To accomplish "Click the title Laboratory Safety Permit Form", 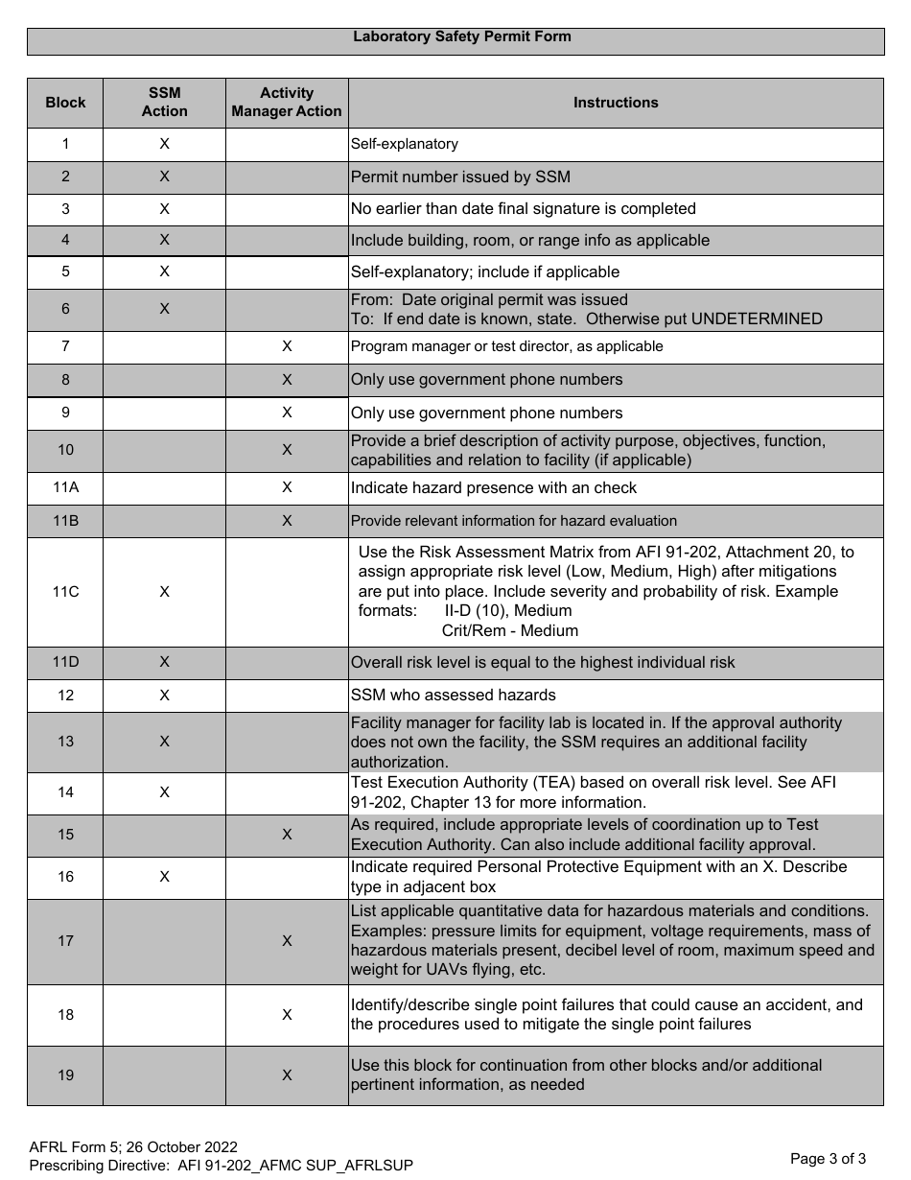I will (x=461, y=36).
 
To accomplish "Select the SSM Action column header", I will (x=164, y=103).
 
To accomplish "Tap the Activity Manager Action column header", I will (x=287, y=103).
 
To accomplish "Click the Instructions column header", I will (x=616, y=103).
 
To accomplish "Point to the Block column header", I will (x=65, y=103).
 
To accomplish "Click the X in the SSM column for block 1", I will (x=164, y=144).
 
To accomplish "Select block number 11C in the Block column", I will (x=65, y=592).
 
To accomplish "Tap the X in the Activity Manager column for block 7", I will (x=287, y=346).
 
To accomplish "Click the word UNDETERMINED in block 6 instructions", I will (x=757, y=319).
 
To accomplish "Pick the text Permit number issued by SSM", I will (x=461, y=177).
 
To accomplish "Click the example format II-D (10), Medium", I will (x=507, y=611).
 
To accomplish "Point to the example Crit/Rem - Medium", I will (x=509, y=631).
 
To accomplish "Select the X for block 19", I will (x=287, y=1075).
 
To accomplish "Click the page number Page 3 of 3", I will (x=828, y=1159).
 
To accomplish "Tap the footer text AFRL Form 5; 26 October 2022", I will (x=133, y=1147).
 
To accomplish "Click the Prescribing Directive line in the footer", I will (x=221, y=1166).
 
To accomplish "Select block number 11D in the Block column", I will (x=65, y=662).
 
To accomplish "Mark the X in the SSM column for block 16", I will (x=164, y=877).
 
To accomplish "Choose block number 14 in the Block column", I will (x=65, y=792).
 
